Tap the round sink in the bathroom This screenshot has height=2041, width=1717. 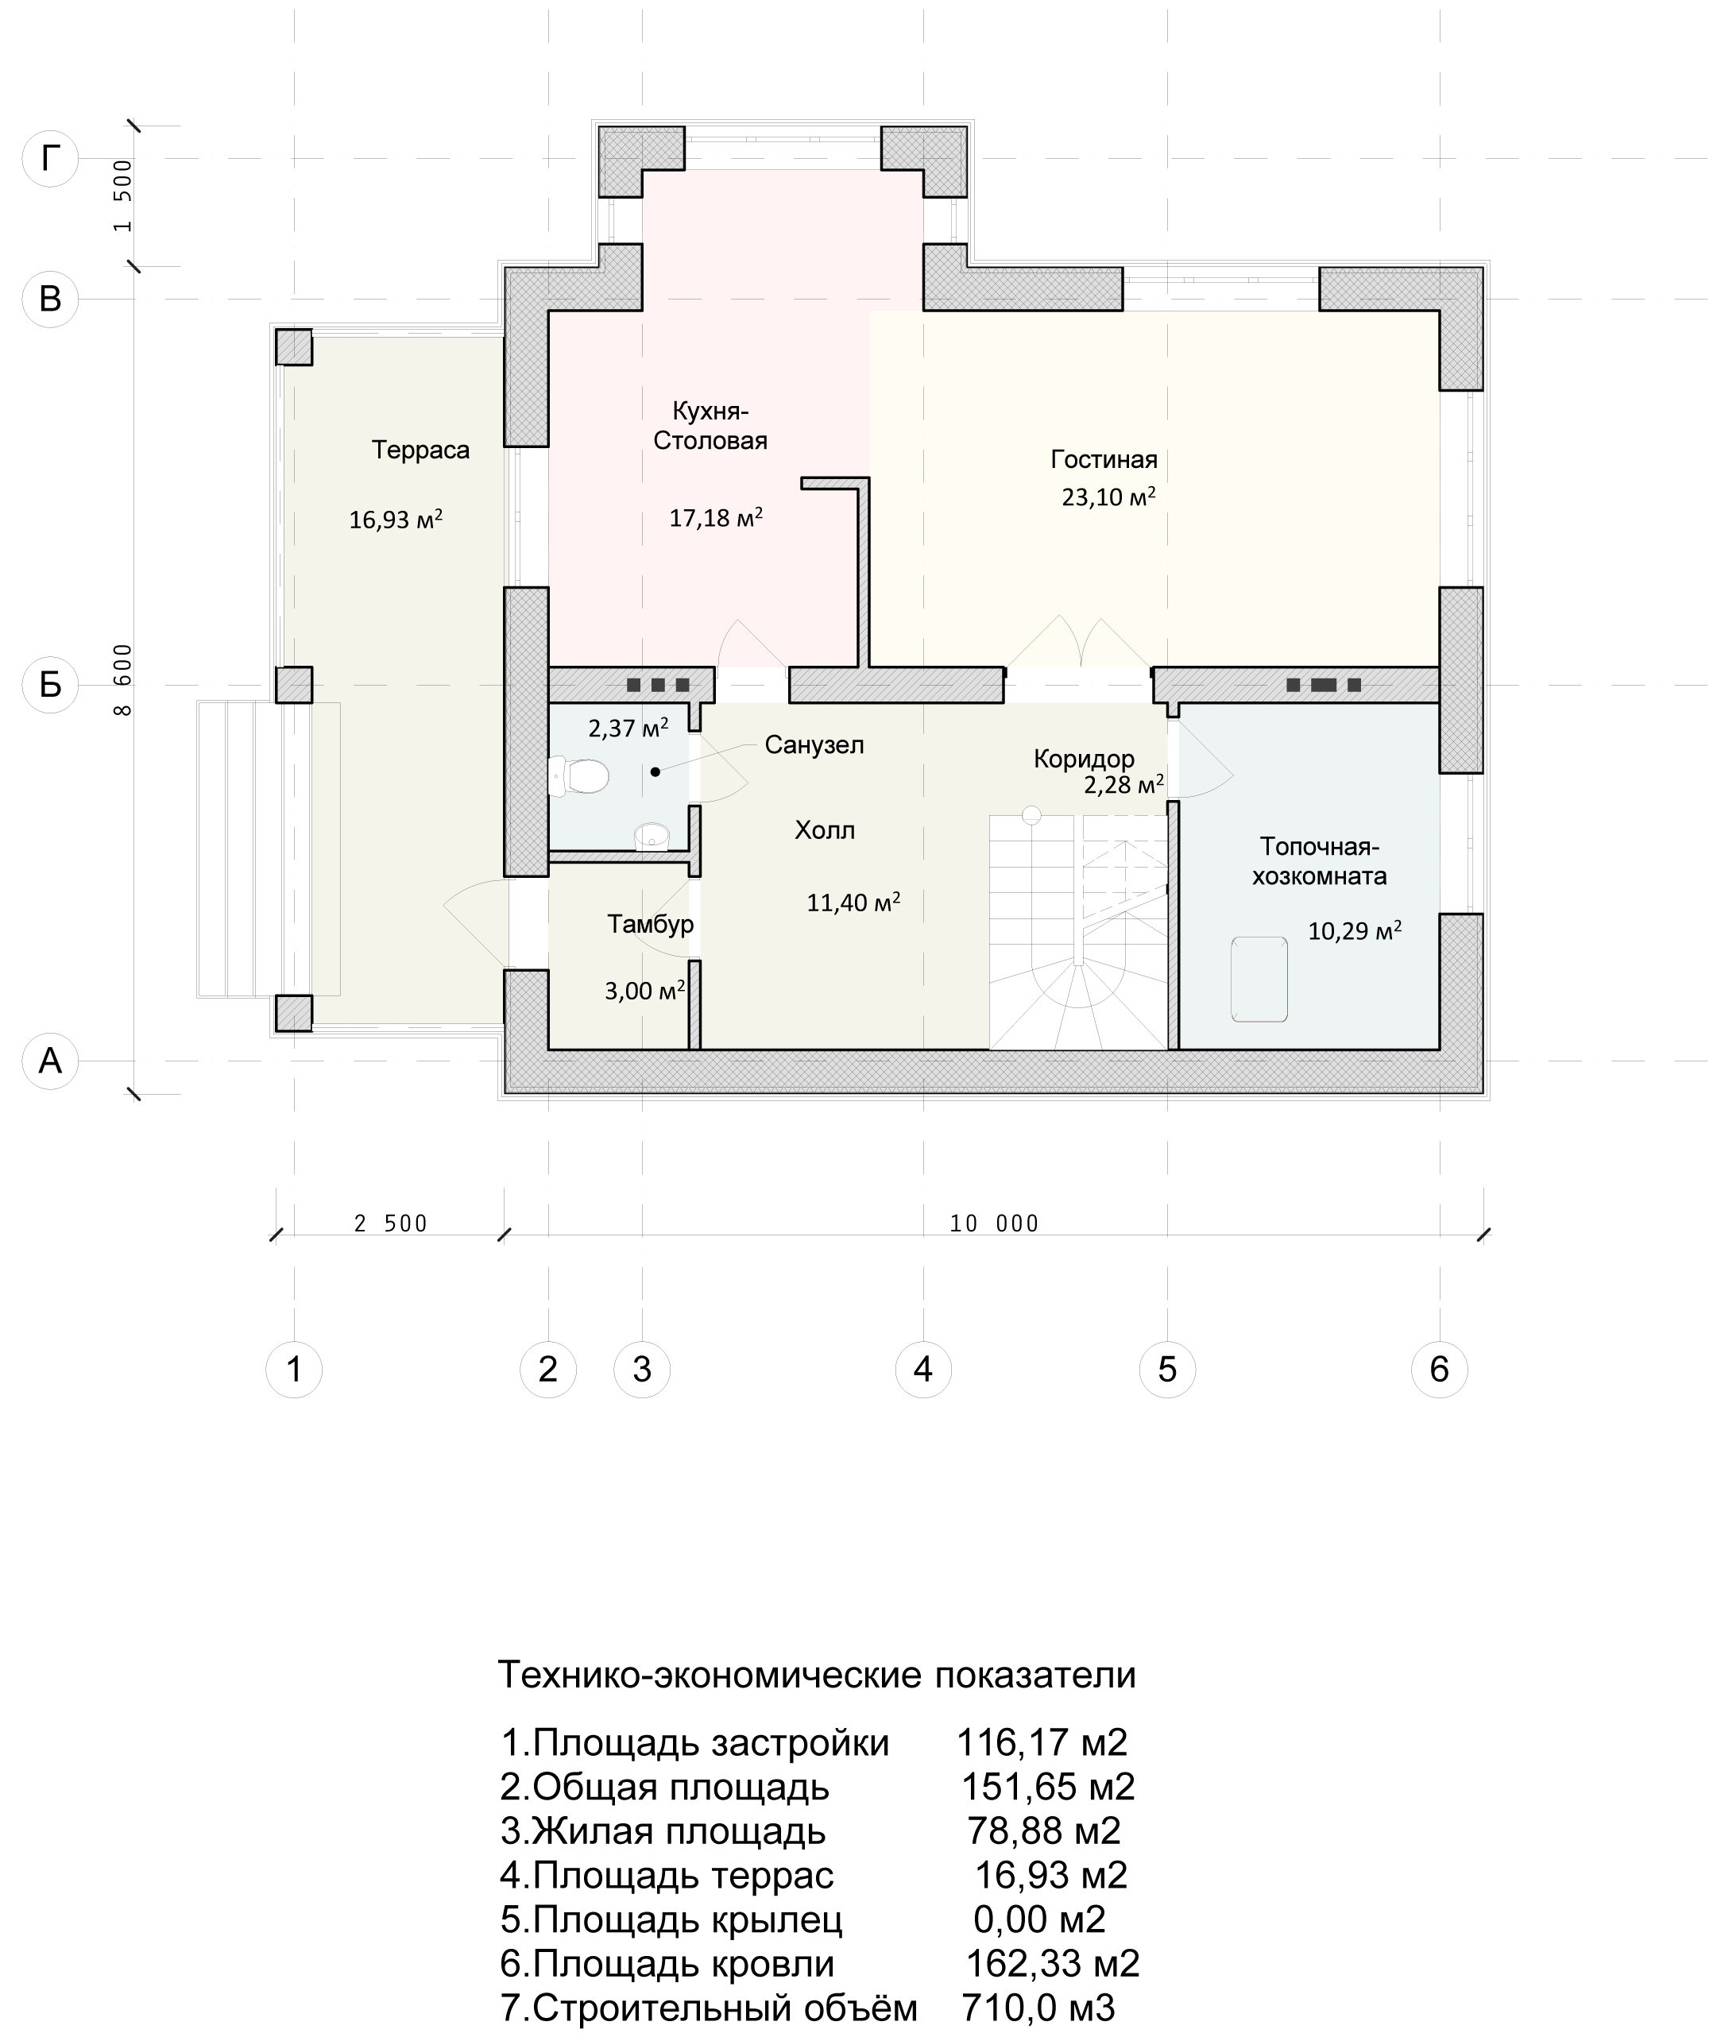(x=652, y=835)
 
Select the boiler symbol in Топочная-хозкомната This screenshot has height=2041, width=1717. (x=1259, y=979)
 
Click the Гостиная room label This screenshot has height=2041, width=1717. (x=1104, y=459)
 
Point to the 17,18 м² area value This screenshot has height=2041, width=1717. (x=715, y=517)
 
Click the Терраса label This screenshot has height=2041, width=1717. (x=420, y=450)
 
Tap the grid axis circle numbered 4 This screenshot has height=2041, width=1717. (x=922, y=1370)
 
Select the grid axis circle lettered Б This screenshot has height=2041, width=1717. (x=49, y=685)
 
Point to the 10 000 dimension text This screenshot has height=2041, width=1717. (x=994, y=1223)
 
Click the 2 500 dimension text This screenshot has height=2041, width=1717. (x=390, y=1223)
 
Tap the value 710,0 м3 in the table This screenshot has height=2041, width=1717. (x=1038, y=2008)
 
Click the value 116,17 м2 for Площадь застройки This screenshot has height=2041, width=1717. (x=1042, y=1742)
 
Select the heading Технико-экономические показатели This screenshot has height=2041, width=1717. (x=817, y=1675)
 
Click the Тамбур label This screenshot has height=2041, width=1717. (x=650, y=924)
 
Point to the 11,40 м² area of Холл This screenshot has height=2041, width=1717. (x=853, y=903)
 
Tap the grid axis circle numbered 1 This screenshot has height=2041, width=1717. (x=294, y=1370)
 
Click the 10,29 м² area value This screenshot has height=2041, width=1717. (x=1354, y=930)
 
